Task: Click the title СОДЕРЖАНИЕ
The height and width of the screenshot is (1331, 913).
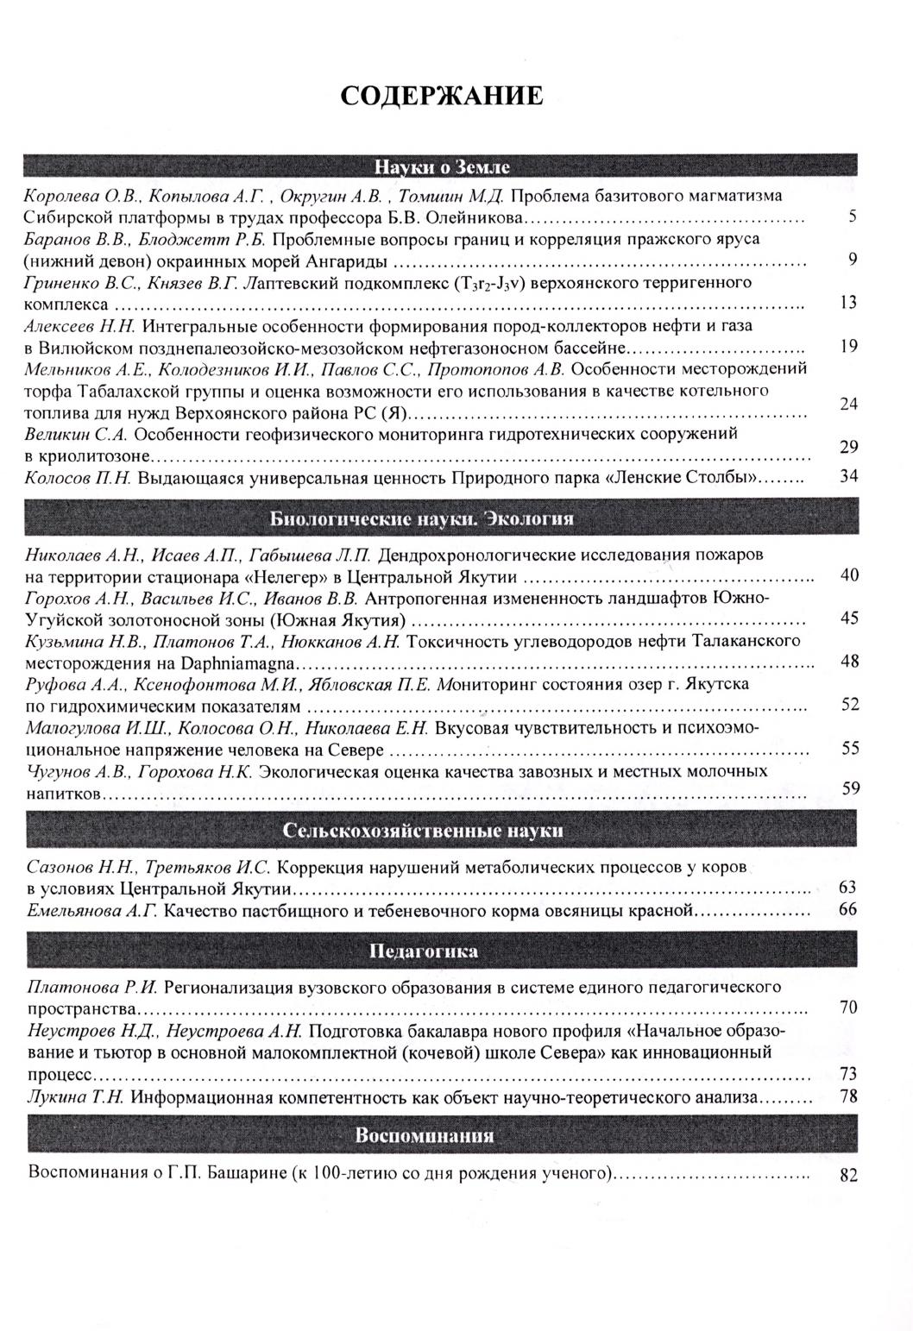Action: [442, 96]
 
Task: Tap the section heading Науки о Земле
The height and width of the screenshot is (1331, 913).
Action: [442, 166]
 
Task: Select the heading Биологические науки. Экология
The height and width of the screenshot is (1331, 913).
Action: [422, 518]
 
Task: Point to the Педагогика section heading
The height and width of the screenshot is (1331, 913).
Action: [423, 952]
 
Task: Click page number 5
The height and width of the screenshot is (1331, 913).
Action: [852, 217]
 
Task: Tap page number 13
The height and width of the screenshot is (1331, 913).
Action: [848, 302]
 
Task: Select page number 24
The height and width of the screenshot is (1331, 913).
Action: [848, 404]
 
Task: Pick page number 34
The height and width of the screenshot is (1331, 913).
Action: [848, 476]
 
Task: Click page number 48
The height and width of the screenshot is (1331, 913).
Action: [849, 661]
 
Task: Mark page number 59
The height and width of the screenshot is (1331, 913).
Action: [851, 787]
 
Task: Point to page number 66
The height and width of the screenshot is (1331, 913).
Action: [848, 909]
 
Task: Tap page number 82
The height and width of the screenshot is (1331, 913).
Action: [848, 1176]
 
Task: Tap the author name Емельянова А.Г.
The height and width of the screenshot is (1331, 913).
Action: [91, 910]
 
